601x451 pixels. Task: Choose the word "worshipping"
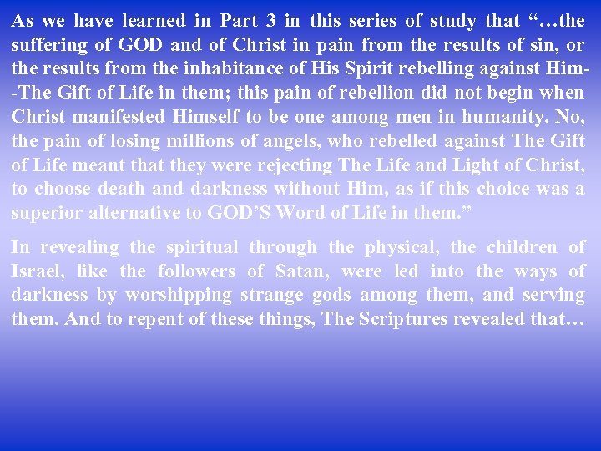(178, 296)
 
